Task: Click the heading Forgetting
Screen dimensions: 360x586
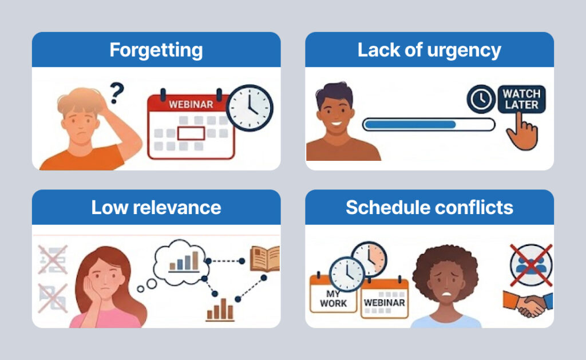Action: [x=156, y=50]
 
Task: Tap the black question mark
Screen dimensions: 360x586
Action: [x=117, y=92]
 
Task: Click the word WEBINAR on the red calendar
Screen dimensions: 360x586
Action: [x=191, y=105]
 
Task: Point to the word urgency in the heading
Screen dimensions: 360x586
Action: [x=467, y=50]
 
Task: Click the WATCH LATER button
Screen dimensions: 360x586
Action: [x=521, y=98]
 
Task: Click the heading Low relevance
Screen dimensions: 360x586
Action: [x=156, y=207]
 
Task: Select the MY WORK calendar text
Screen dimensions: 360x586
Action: [x=333, y=298]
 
